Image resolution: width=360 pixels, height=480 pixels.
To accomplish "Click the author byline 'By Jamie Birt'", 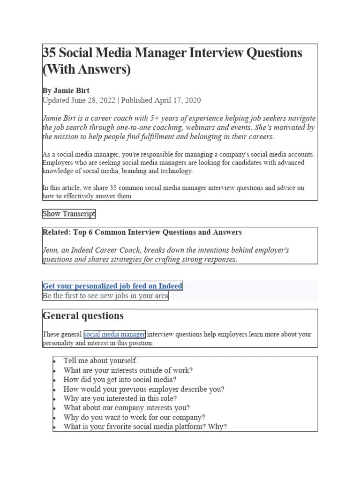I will pos(66,90).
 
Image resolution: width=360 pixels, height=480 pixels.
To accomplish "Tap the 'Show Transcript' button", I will pos(69,214).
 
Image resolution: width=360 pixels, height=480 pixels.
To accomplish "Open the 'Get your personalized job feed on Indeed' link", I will pos(112,286).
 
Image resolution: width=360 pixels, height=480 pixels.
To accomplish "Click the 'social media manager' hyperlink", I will pos(114,334).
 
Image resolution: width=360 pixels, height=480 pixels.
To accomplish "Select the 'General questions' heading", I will pos(83,316).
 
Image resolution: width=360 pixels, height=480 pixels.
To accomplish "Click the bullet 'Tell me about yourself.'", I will pos(100,361).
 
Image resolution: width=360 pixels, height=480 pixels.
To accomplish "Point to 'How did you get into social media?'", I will pos(120,380).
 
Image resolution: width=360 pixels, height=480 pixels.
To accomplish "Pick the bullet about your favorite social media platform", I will pos(145,427).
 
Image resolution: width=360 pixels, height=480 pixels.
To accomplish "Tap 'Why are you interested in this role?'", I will pos(120,398).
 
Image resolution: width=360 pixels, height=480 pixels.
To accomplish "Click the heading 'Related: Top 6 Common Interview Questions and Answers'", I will pos(142,232).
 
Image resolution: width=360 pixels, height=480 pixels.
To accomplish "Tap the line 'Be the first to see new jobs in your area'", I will pos(105,296).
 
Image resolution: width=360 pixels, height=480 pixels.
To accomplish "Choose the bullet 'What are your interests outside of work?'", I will pos(128,370).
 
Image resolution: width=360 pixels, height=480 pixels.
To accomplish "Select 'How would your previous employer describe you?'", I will pos(144,389).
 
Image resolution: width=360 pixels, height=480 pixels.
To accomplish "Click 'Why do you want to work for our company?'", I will pos(134,417).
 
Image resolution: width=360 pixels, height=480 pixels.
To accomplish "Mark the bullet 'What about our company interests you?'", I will pos(127,408).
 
